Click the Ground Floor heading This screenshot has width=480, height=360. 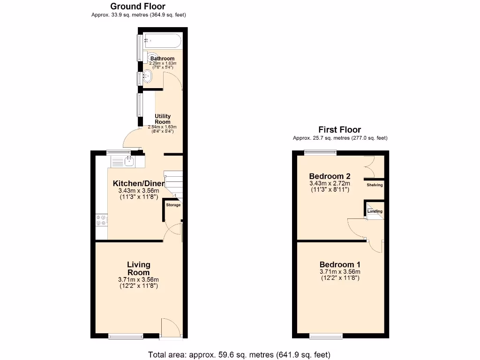tap(138, 7)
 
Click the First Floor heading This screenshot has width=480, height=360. tap(340, 130)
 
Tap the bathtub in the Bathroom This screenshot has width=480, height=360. tap(162, 41)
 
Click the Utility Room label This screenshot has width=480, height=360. tap(163, 119)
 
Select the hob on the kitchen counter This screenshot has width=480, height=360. tap(101, 220)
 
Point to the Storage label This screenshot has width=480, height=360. tap(173, 205)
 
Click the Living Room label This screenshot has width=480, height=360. tap(139, 269)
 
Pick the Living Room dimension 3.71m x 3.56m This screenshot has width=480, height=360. tap(139, 280)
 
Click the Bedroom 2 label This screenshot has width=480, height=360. tap(330, 176)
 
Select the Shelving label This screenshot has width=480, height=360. tap(375, 185)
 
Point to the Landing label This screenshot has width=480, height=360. tap(375, 211)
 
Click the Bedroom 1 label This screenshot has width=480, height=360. tap(340, 264)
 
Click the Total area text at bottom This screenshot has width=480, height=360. tap(239, 354)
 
